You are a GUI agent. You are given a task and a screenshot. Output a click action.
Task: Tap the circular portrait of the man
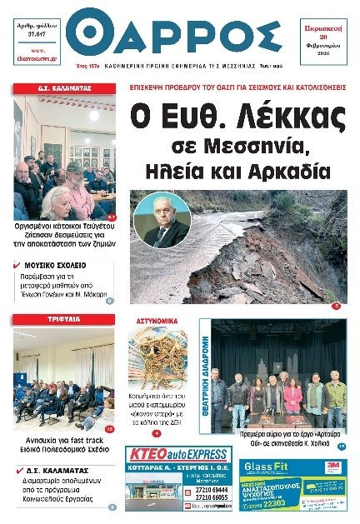coord(166,221)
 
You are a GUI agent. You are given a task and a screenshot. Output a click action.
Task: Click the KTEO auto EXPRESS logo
coord(177,455)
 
